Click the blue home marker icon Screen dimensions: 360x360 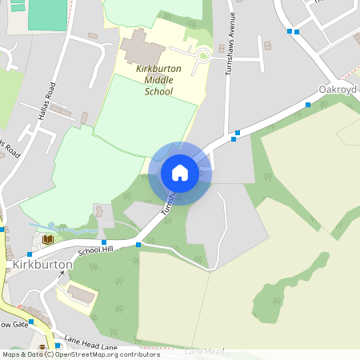[180, 173]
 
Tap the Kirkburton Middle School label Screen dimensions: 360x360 [158, 80]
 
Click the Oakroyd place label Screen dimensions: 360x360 [337, 90]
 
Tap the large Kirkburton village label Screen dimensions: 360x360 [42, 264]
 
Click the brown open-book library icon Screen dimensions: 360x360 [47, 239]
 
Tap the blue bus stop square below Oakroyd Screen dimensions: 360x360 [308, 104]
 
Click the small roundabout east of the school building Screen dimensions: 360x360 [202, 54]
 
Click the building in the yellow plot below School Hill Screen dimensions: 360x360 [81, 292]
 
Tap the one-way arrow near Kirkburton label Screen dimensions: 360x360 [61, 274]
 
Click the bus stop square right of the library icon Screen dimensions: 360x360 [104, 242]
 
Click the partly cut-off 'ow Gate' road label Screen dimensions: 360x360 [14, 324]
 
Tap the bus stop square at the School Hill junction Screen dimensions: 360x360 [138, 245]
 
